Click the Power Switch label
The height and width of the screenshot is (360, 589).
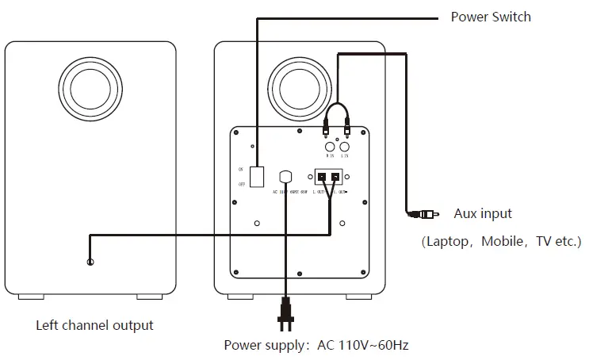491,17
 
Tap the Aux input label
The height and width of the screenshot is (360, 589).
483,213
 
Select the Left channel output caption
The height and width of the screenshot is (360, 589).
94,325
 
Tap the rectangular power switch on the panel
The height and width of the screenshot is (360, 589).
256,176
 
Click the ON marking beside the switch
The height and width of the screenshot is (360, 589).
240,169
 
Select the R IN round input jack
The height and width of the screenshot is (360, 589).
328,147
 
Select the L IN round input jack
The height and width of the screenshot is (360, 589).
345,147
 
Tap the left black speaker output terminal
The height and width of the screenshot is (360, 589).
322,176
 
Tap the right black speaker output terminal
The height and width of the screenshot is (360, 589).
336,176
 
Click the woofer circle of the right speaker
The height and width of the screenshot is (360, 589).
300,84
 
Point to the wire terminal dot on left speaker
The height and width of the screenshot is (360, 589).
92,262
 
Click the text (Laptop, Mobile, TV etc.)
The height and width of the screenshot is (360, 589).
500,241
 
